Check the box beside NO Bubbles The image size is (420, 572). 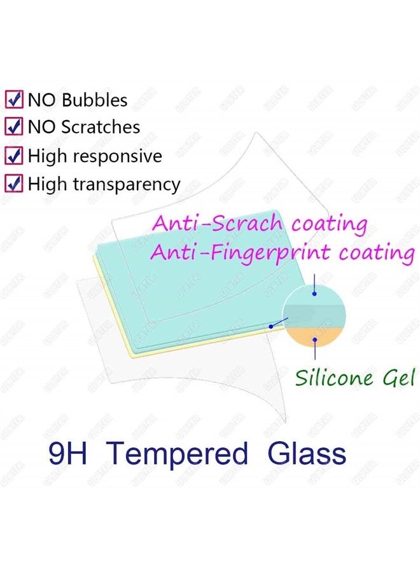click(14, 100)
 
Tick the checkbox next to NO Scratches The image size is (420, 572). click(14, 127)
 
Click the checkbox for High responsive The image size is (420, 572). click(14, 156)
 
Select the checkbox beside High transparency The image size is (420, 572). click(14, 184)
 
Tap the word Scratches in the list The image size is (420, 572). click(101, 127)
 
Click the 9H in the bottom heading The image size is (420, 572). click(70, 454)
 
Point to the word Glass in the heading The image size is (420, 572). click(307, 454)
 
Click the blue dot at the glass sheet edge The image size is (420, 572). click(271, 325)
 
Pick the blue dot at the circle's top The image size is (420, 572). click(314, 294)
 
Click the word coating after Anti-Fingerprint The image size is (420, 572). click(376, 252)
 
